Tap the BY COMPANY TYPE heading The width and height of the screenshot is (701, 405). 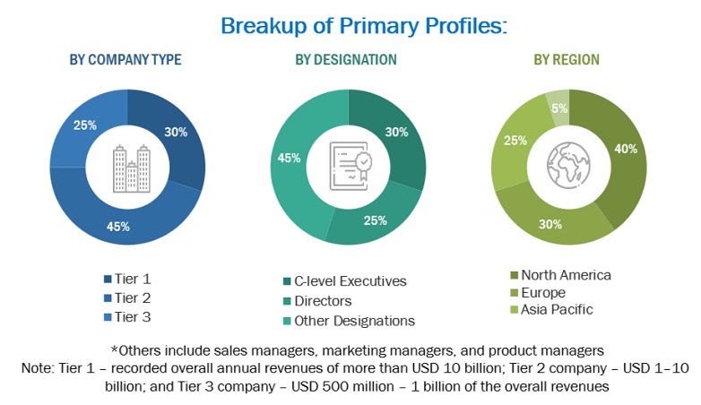point(125,60)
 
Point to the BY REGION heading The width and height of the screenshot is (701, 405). point(567,60)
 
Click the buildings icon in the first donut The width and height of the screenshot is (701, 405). point(127,168)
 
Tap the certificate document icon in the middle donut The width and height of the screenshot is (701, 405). point(348,168)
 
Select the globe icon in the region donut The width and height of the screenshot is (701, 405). point(569,168)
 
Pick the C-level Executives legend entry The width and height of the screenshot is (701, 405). point(350,281)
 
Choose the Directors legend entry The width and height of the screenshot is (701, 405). point(323,301)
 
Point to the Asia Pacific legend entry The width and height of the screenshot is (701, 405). point(557,310)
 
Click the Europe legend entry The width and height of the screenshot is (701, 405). point(543,292)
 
